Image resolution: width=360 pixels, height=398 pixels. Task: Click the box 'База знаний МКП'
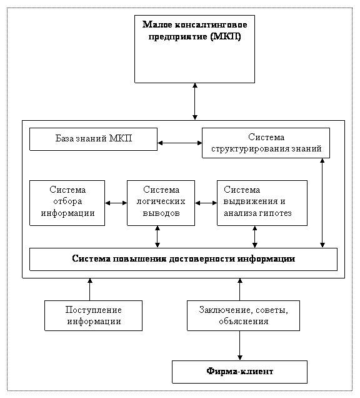click(93, 139)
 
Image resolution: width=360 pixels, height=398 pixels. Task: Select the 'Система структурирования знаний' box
click(266, 143)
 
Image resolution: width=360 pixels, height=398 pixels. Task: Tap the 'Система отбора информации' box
click(67, 203)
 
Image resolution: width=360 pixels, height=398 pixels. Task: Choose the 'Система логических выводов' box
click(161, 203)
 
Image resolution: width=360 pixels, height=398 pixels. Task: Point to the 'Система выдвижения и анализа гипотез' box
click(262, 203)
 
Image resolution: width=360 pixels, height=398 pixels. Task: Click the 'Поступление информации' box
click(93, 315)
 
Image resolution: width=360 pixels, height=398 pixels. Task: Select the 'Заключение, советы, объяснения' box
click(243, 315)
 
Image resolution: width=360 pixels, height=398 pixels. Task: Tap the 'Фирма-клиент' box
click(239, 372)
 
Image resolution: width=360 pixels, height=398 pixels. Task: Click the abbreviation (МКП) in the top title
click(226, 36)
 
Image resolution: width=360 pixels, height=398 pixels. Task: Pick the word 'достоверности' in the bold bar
click(202, 258)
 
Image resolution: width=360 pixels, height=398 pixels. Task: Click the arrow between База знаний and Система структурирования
click(180, 143)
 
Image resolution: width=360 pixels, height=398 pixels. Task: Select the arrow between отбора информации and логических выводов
click(116, 203)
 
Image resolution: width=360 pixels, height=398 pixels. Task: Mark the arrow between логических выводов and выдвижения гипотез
click(206, 203)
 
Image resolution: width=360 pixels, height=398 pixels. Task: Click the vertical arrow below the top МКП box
click(195, 101)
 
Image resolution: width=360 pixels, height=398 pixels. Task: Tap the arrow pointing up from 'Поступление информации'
click(89, 289)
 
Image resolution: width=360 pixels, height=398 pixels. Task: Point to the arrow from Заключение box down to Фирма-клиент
click(239, 345)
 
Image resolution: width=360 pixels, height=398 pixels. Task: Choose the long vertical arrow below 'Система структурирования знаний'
click(322, 203)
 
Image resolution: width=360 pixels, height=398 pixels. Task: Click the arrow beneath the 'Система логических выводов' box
click(157, 237)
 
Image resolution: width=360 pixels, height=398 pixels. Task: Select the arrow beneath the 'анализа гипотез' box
click(255, 237)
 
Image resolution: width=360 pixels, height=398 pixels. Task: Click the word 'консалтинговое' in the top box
click(211, 25)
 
